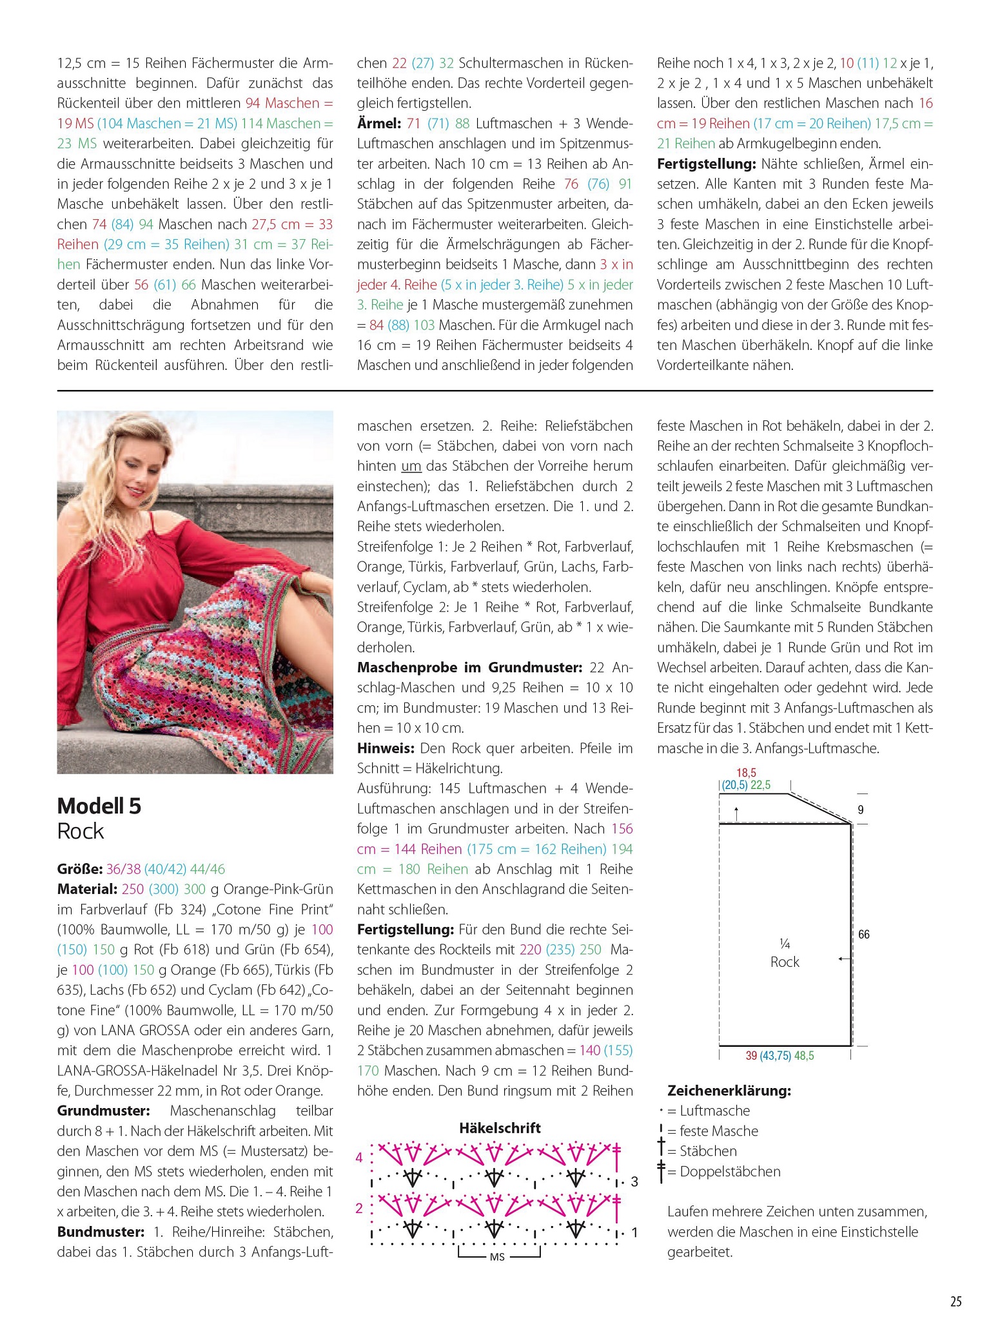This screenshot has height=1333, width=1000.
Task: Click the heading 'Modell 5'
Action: pyautogui.click(x=99, y=806)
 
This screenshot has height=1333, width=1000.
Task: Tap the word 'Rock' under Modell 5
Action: pyautogui.click(x=80, y=832)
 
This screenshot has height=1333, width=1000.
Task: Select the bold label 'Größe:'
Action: pyautogui.click(x=80, y=869)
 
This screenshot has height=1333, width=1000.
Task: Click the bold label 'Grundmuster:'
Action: pyautogui.click(x=103, y=1111)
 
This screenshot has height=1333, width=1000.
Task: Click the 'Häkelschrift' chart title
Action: pyautogui.click(x=500, y=1128)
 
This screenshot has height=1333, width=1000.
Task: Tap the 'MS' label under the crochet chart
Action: pyautogui.click(x=497, y=1257)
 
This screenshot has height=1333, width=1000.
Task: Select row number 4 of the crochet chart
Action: pyautogui.click(x=359, y=1158)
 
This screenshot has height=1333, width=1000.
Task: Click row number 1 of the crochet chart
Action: pyautogui.click(x=634, y=1232)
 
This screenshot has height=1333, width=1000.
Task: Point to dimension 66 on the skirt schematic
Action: pyautogui.click(x=864, y=934)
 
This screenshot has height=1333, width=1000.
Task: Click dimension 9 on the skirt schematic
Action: pyautogui.click(x=861, y=810)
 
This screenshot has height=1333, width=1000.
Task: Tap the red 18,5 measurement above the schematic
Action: pyautogui.click(x=746, y=772)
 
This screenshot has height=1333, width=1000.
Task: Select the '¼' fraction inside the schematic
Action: pyautogui.click(x=785, y=944)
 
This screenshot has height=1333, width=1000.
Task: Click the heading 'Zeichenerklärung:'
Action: pyautogui.click(x=729, y=1091)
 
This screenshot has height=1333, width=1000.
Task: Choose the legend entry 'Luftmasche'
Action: pyautogui.click(x=714, y=1111)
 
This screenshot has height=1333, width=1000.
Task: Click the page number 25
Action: pyautogui.click(x=956, y=1301)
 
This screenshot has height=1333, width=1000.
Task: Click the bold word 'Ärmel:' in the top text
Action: pyautogui.click(x=379, y=124)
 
